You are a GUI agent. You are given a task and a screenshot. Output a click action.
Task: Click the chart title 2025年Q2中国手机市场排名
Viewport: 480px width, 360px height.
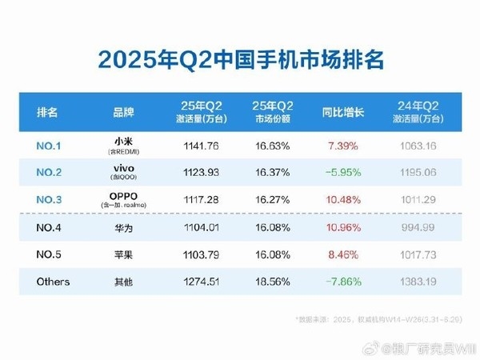pos(239,59)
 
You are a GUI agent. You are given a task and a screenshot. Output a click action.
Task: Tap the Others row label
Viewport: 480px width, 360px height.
pos(54,282)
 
